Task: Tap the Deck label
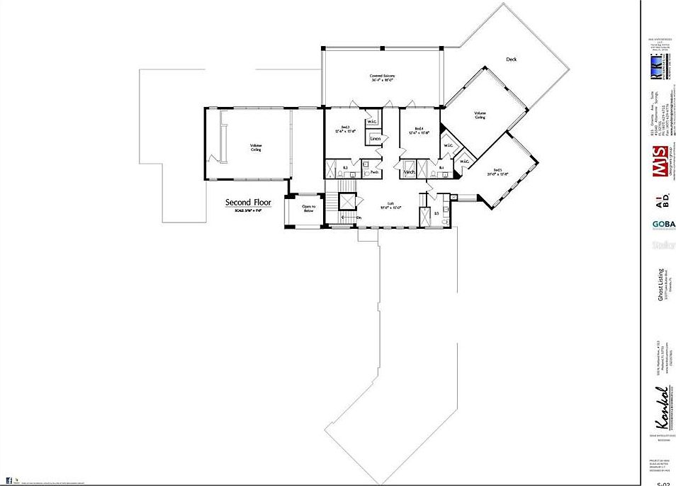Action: (511, 60)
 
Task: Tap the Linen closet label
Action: (376, 139)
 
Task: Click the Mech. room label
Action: (409, 172)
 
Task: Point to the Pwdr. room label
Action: (375, 172)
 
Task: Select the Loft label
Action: (390, 205)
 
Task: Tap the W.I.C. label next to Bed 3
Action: (372, 122)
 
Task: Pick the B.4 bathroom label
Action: (441, 168)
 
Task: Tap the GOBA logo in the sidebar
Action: (664, 225)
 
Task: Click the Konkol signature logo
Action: (659, 408)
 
